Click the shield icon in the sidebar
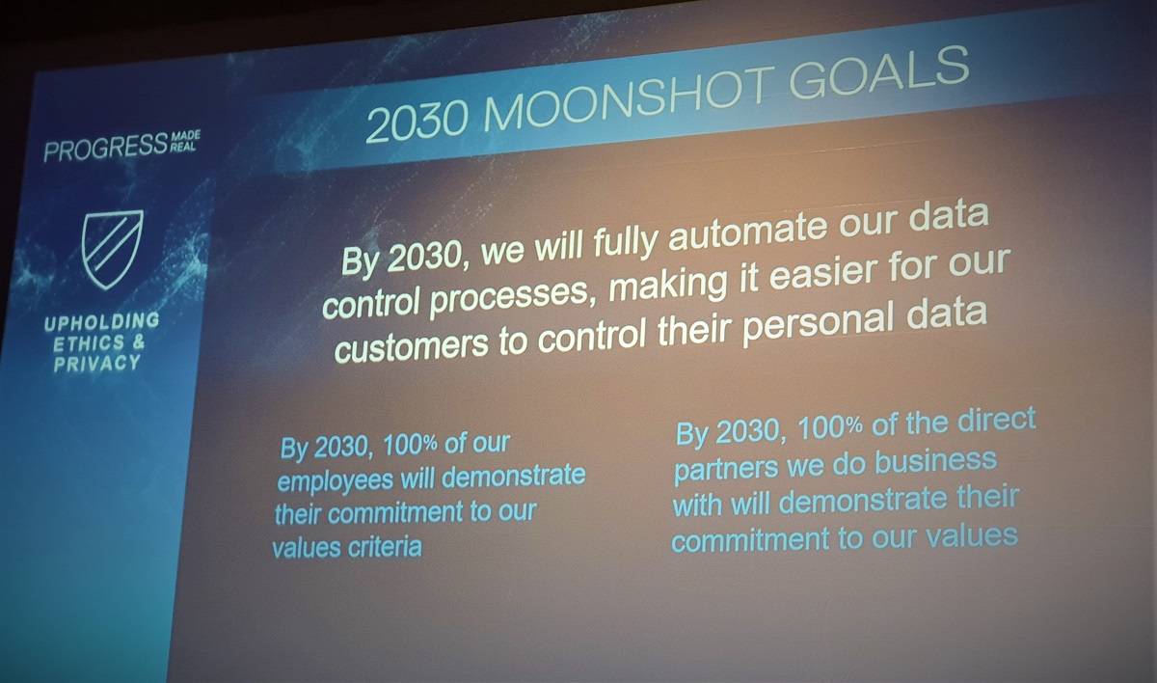pyautogui.click(x=112, y=249)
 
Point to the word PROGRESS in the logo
pyautogui.click(x=106, y=148)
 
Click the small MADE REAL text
pyautogui.click(x=185, y=142)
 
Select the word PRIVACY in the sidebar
pyautogui.click(x=97, y=363)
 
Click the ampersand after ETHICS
pyautogui.click(x=139, y=342)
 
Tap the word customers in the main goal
pyautogui.click(x=411, y=344)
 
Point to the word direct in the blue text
pyautogui.click(x=996, y=420)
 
